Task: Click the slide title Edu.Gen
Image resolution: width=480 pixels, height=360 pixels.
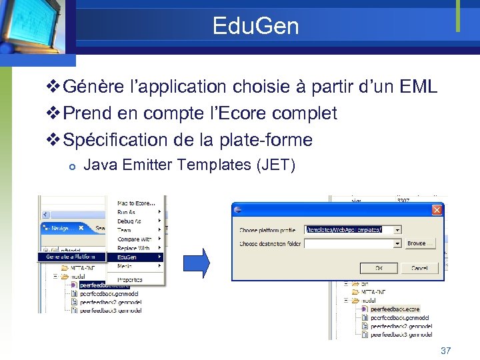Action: point(255,26)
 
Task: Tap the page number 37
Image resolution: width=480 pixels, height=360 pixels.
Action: point(446,351)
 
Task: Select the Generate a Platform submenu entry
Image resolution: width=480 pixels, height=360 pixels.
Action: point(71,257)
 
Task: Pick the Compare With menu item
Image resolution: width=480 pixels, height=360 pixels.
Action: point(133,239)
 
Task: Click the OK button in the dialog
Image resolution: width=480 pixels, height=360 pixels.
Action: point(378,268)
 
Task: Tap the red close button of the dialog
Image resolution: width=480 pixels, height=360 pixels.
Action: point(437,210)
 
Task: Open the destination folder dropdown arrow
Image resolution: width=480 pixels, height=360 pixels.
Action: point(398,244)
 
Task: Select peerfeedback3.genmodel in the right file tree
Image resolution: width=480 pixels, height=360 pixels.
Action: point(401,335)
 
